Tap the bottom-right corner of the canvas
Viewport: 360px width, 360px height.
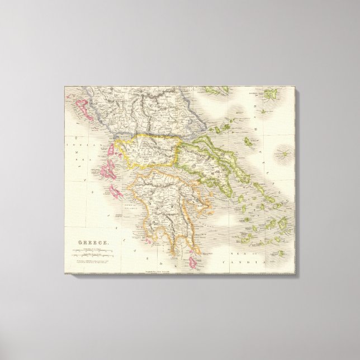pos(297,274)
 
